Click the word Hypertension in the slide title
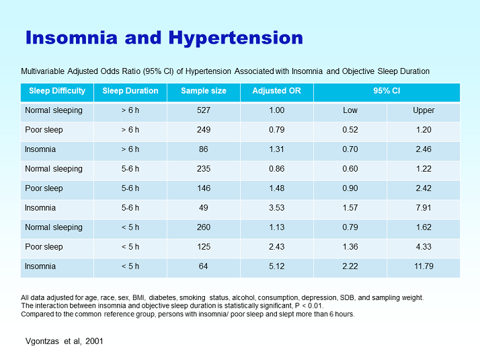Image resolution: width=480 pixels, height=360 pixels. pyautogui.click(x=236, y=38)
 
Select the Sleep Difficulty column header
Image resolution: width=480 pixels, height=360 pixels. pyautogui.click(x=57, y=91)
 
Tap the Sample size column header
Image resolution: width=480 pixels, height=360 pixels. pyautogui.click(x=204, y=91)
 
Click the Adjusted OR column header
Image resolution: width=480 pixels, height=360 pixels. pyautogui.click(x=277, y=91)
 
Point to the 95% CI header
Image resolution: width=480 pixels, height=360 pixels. pyautogui.click(x=387, y=91)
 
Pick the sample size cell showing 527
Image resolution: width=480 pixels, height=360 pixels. pyautogui.click(x=204, y=110)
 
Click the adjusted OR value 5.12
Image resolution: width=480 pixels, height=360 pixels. pyautogui.click(x=277, y=266)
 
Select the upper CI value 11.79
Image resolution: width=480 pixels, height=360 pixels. pyautogui.click(x=424, y=266)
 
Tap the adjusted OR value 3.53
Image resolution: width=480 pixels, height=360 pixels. pyautogui.click(x=277, y=208)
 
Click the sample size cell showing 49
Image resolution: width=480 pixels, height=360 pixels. pyautogui.click(x=204, y=208)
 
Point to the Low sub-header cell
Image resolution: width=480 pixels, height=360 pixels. pyautogui.click(x=350, y=110)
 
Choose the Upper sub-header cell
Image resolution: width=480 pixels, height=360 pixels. pyautogui.click(x=424, y=110)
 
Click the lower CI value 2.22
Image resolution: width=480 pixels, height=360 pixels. pyautogui.click(x=350, y=266)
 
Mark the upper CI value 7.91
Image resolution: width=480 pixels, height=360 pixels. pyautogui.click(x=424, y=208)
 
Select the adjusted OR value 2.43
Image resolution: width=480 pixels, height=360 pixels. pyautogui.click(x=277, y=247)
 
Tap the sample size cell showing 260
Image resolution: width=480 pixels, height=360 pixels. pyautogui.click(x=204, y=227)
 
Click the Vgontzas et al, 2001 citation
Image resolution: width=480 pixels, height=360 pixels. pyautogui.click(x=65, y=341)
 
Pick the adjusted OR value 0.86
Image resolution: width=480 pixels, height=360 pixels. pyautogui.click(x=277, y=169)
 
